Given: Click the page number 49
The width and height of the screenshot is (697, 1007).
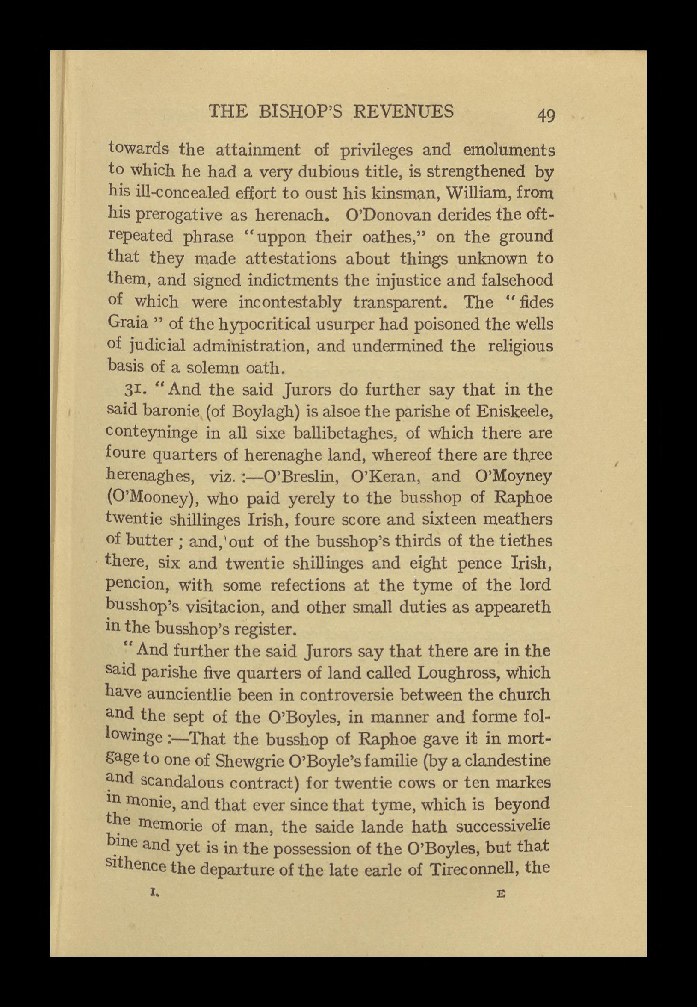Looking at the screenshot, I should coord(546,115).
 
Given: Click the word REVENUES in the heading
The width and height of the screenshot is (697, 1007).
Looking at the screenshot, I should coord(403,111).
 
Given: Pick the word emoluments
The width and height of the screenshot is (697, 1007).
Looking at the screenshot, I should coord(509,150).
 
